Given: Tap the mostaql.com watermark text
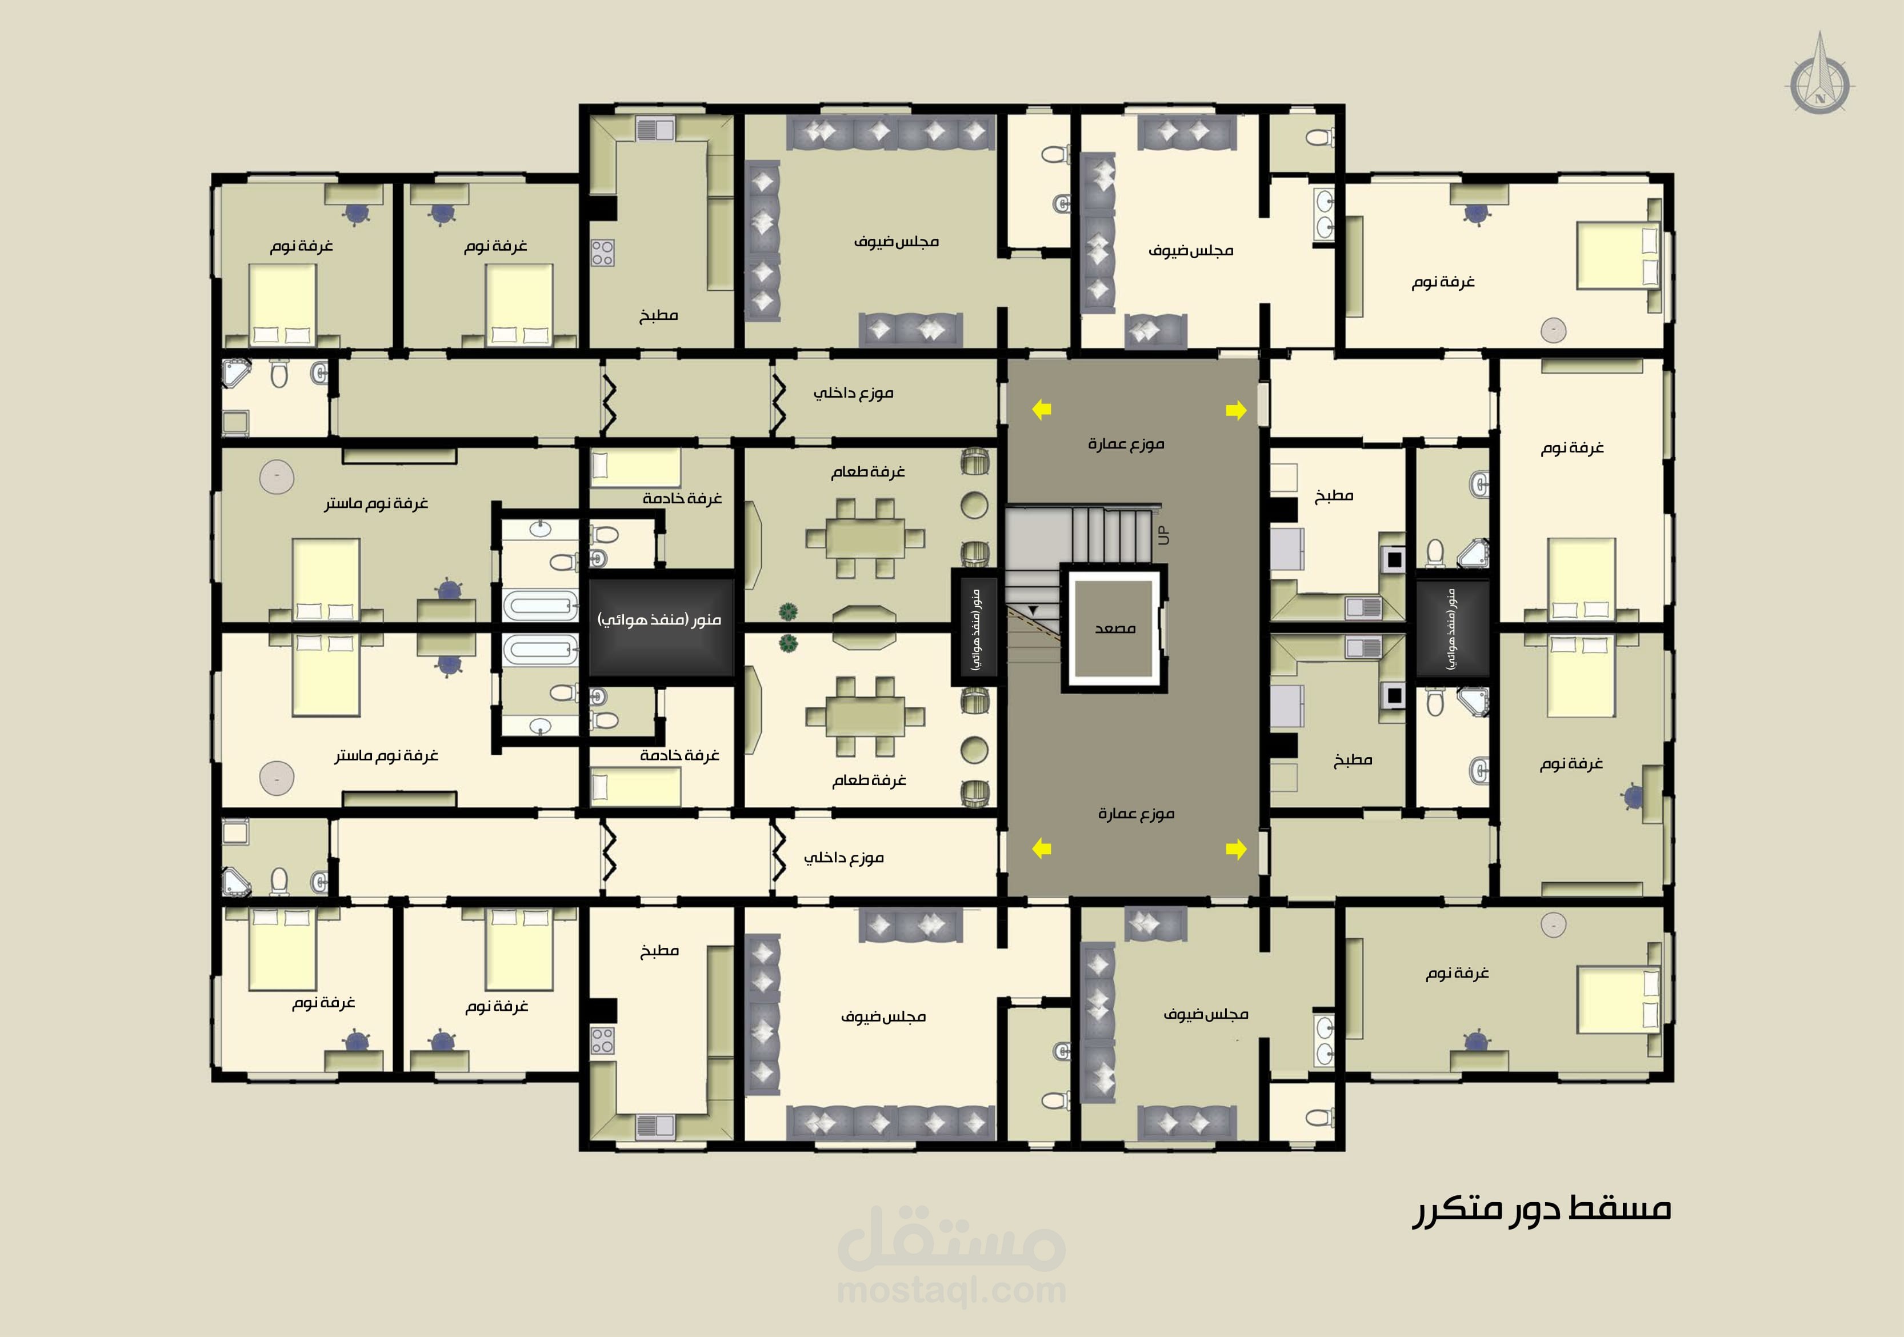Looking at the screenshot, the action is click(952, 1291).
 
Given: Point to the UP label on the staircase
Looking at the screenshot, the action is click(1163, 535).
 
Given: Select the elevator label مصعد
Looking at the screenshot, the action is click(1114, 628).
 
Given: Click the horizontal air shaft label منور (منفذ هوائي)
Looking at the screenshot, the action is click(659, 619).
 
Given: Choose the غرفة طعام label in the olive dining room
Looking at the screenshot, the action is click(867, 472).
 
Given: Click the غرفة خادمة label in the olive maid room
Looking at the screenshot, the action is click(682, 498).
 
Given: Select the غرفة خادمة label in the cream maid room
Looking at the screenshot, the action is click(679, 755).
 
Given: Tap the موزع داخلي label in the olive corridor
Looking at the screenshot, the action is click(853, 393).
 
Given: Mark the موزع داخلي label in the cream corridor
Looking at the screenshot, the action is click(843, 858).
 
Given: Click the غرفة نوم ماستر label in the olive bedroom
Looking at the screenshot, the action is click(375, 503).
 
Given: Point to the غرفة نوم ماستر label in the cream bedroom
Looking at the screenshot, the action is click(386, 755).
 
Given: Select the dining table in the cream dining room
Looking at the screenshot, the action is click(865, 716).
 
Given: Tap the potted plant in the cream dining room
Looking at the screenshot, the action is click(788, 643).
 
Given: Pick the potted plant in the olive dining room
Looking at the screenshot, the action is click(788, 612).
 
